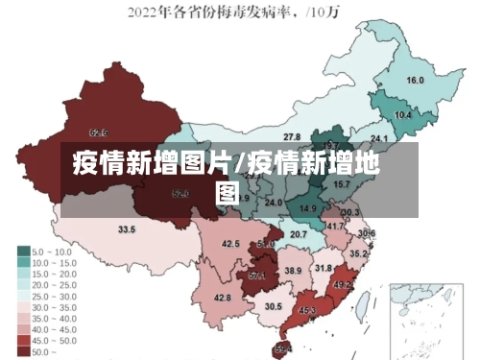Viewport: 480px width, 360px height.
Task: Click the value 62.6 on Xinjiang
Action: tap(98, 132)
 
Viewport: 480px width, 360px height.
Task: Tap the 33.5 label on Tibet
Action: tap(127, 230)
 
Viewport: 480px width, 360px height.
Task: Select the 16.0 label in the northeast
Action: tap(416, 81)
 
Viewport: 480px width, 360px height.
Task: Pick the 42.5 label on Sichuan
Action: tap(230, 245)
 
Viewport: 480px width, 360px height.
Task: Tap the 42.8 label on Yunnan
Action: tap(223, 299)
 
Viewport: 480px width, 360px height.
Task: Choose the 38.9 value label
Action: tap(293, 272)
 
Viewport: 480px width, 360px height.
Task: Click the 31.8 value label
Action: tap(324, 269)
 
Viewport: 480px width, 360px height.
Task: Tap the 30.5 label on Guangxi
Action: tap(274, 307)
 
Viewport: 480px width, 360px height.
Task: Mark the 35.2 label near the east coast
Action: tap(357, 254)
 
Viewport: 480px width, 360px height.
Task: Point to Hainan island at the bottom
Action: tap(283, 348)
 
